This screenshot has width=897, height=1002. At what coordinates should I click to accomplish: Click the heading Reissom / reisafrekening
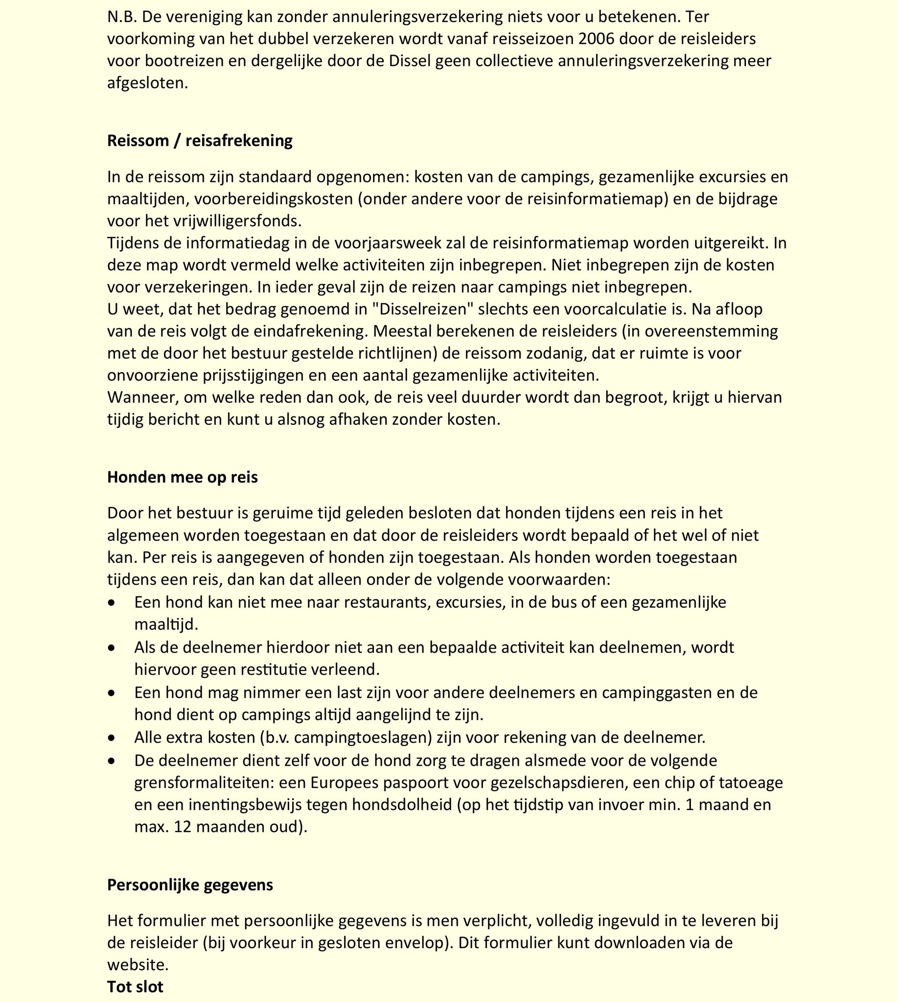(x=200, y=141)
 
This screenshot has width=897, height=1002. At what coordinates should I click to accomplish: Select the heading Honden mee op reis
(x=183, y=478)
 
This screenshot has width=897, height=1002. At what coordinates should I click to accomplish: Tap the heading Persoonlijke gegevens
(x=190, y=885)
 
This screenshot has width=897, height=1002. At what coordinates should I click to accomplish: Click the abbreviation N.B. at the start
(x=122, y=17)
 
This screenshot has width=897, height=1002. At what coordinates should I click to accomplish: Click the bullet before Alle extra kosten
(x=113, y=738)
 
